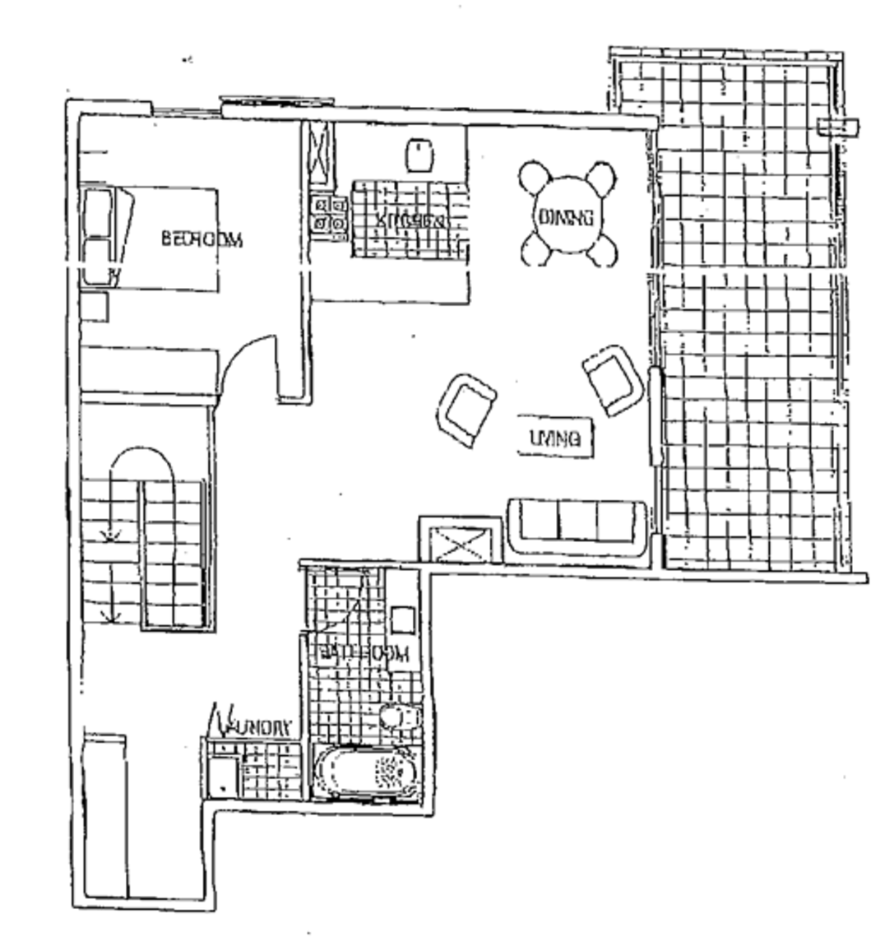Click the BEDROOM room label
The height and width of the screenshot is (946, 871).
pyautogui.click(x=202, y=239)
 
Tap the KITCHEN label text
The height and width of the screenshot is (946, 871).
pyautogui.click(x=410, y=220)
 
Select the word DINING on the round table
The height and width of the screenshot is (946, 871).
pyautogui.click(x=566, y=218)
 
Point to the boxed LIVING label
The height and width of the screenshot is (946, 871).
pyautogui.click(x=555, y=438)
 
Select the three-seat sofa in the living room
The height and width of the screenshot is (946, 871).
pyautogui.click(x=575, y=526)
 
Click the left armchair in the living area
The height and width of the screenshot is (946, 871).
pyautogui.click(x=466, y=409)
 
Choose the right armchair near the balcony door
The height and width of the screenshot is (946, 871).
pyautogui.click(x=613, y=379)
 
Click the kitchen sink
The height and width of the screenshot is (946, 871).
pyautogui.click(x=419, y=155)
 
